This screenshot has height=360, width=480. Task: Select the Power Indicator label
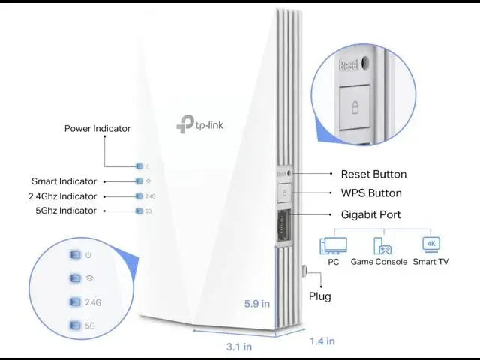pos(97,128)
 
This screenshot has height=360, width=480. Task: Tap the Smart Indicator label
pos(64,181)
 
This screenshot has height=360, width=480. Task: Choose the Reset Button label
pos(373,174)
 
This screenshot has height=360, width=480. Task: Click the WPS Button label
pos(371,193)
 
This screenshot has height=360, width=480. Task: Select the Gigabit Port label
pos(370,214)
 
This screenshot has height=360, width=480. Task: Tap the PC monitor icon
pos(333,246)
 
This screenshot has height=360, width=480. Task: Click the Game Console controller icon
pos(382,246)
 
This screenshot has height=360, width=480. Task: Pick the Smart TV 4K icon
pos(430,244)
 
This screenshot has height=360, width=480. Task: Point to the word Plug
pos(320,295)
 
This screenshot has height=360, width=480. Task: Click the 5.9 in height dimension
pos(256,304)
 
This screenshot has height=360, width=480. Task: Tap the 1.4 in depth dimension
pos(322,341)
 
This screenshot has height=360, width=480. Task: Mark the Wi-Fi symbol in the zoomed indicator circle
pos(89,278)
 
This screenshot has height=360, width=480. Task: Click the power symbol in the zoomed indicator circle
pos(89,255)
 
